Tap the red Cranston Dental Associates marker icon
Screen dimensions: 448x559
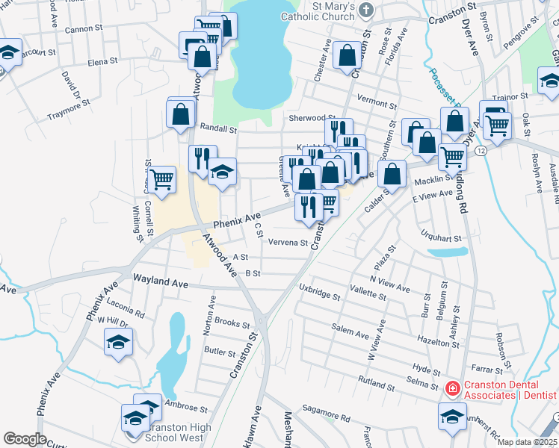451,388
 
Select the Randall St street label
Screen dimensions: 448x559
217,129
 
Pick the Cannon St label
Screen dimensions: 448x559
84,28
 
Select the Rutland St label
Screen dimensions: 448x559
376,379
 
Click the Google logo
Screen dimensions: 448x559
25,439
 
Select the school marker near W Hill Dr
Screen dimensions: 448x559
118,343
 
